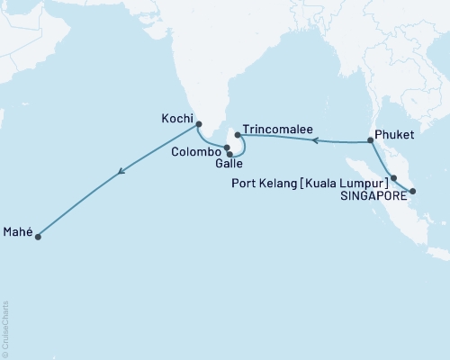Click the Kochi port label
pos(175,117)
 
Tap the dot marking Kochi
pos(199,125)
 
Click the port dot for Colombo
pos(228,148)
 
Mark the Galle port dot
pos(231,154)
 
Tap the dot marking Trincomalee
pos(238,136)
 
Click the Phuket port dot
pos(371,141)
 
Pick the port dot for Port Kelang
pos(394,177)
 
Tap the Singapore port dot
pos(412,191)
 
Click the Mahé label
pos(18,231)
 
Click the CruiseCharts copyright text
pos(5,329)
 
